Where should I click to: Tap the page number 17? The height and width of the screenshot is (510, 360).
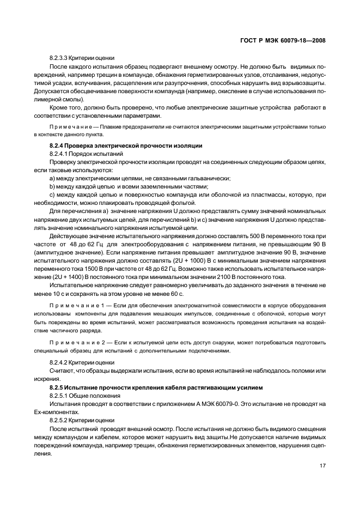(x=321, y=466)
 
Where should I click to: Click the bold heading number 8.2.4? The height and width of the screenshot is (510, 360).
(x=58, y=145)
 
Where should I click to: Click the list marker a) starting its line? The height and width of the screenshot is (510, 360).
(x=53, y=178)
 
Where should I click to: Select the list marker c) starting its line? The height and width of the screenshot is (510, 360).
(x=52, y=195)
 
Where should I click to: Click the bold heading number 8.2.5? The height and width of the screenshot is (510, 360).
(x=58, y=387)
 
